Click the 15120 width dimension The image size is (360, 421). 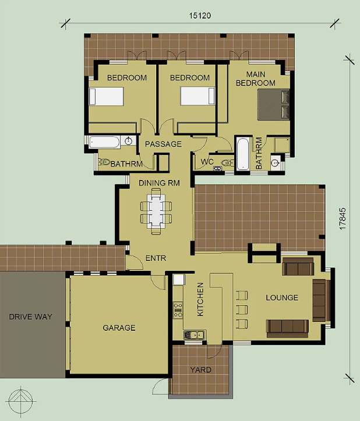pos(200,16)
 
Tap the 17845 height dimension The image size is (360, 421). pos(343,218)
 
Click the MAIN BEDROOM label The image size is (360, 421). pos(256,79)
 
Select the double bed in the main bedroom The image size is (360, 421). pos(273,105)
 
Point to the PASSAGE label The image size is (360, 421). pos(163,144)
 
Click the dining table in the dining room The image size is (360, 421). pos(156,211)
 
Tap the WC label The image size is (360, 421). pos(207,162)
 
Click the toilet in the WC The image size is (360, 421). pos(228,162)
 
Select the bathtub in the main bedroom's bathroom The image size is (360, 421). pos(243,154)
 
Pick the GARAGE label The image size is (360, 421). pos(119,328)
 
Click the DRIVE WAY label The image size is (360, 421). pos(31,317)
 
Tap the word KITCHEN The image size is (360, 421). pos(200,299)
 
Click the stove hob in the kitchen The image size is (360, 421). pos(178,310)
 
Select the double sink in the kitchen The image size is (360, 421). pos(195,335)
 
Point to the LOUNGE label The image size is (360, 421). pos(282,298)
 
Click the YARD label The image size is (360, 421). pos(201,370)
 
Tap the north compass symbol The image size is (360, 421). pos(21,401)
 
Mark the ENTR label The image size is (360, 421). pos(156,258)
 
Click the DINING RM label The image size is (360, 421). pos(159,183)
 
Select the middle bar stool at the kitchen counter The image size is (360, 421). pos(242,310)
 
